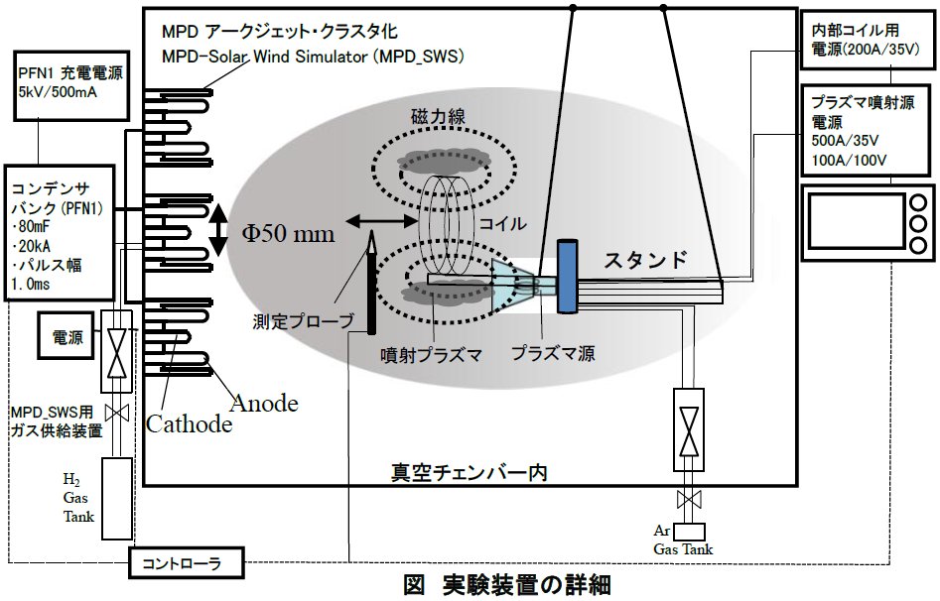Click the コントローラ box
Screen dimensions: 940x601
tap(187, 562)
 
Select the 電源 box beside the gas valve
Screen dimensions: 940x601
tap(67, 336)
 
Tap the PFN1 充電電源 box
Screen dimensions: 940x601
tap(71, 84)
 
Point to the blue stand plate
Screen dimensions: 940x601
tap(567, 277)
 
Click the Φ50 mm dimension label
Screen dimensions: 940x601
tap(289, 233)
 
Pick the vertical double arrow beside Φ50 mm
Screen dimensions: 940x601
tap(217, 230)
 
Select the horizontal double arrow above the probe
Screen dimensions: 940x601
tap(382, 222)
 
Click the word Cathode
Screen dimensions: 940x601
tap(189, 424)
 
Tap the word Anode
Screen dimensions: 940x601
tap(264, 404)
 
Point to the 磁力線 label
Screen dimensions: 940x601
tap(438, 116)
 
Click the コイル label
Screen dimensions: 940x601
tap(502, 223)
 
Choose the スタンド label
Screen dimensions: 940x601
tap(645, 260)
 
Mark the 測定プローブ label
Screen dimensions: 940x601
tap(304, 321)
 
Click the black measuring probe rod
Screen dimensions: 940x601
tap(371, 283)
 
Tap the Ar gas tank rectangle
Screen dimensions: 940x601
tap(690, 533)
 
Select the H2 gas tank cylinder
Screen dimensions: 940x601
tap(117, 499)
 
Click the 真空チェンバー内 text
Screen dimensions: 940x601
tap(470, 472)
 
